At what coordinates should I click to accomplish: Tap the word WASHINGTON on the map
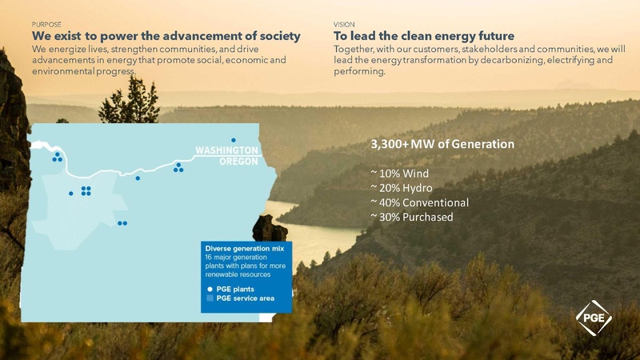[227, 150]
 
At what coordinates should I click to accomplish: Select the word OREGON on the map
[239, 161]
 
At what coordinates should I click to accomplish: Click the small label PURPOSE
[46, 26]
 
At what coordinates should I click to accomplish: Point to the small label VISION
[343, 26]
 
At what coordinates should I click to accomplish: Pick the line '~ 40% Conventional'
[419, 202]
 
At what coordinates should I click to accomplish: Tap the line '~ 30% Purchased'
[412, 217]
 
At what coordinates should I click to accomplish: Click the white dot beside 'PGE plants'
[210, 287]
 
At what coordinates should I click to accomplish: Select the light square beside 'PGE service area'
[210, 298]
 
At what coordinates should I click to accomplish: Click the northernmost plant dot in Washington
[234, 140]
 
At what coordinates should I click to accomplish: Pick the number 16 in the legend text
[209, 258]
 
